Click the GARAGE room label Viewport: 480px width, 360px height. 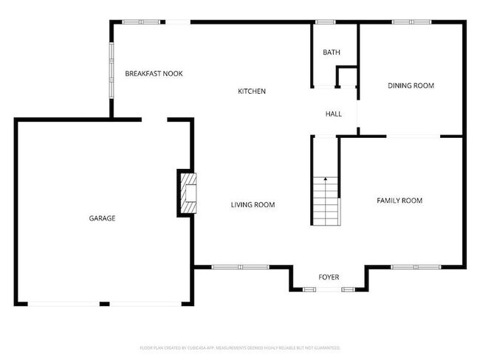[102, 218]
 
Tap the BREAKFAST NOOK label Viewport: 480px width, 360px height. [154, 74]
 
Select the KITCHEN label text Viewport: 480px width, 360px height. [251, 91]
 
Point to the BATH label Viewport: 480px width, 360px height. [331, 52]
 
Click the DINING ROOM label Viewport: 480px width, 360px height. [411, 86]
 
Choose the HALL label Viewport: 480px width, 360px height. [334, 114]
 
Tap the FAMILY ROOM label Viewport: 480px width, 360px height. [400, 201]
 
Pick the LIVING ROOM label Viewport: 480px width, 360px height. [253, 205]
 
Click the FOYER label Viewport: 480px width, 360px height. [329, 277]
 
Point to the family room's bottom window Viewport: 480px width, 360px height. [415, 266]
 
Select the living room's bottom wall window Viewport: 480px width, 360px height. [239, 266]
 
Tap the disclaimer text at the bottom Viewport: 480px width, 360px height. [240, 347]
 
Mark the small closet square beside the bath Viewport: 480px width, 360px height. [346, 77]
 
